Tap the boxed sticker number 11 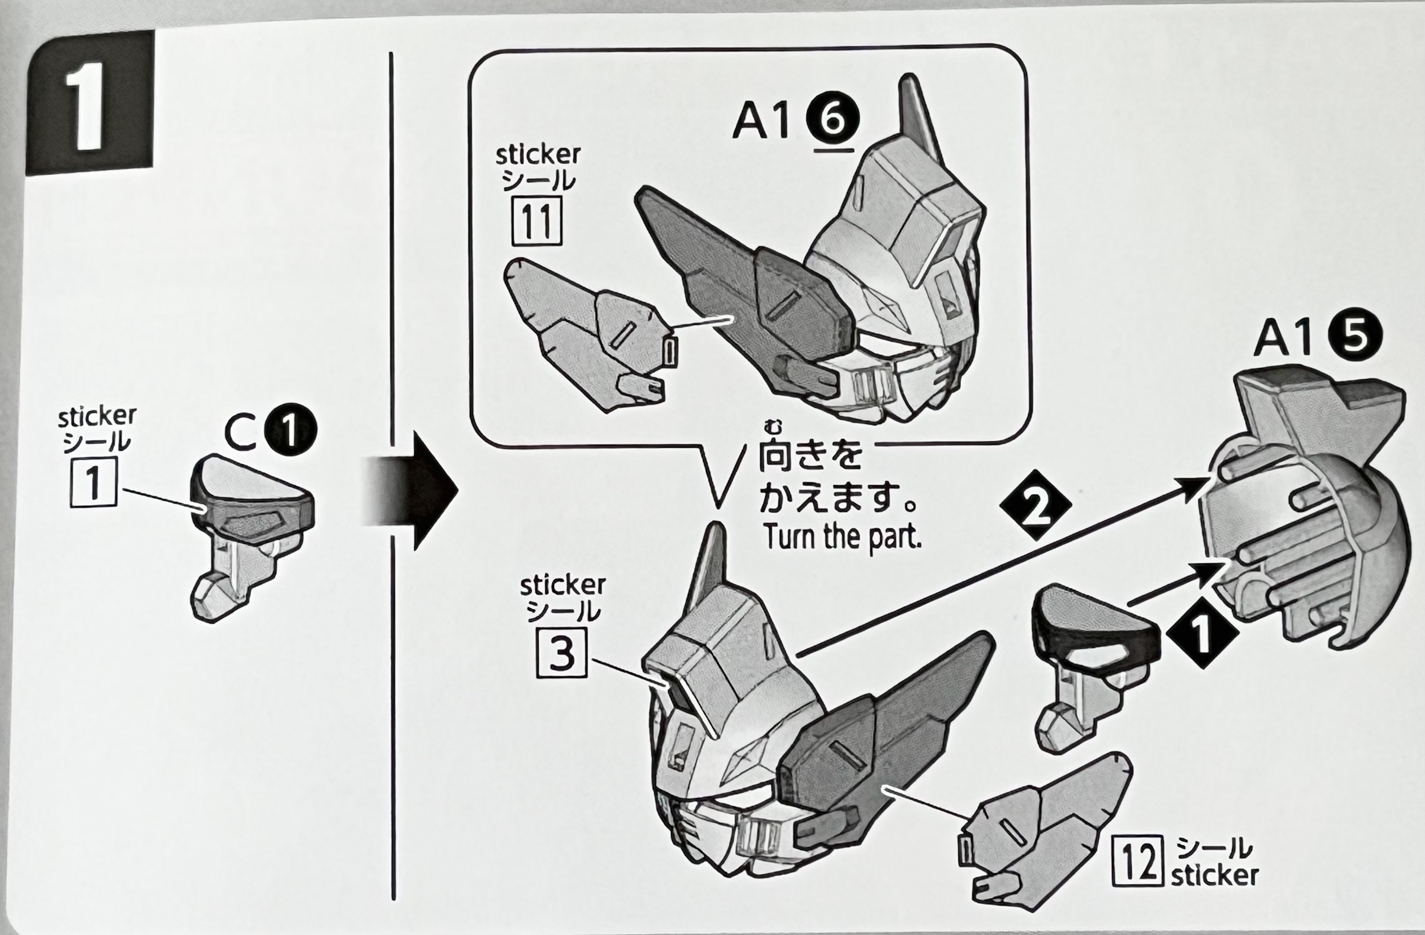(536, 221)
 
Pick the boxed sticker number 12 (1137, 861)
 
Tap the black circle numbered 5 (1356, 337)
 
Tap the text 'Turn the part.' (842, 537)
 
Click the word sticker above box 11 (538, 155)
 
